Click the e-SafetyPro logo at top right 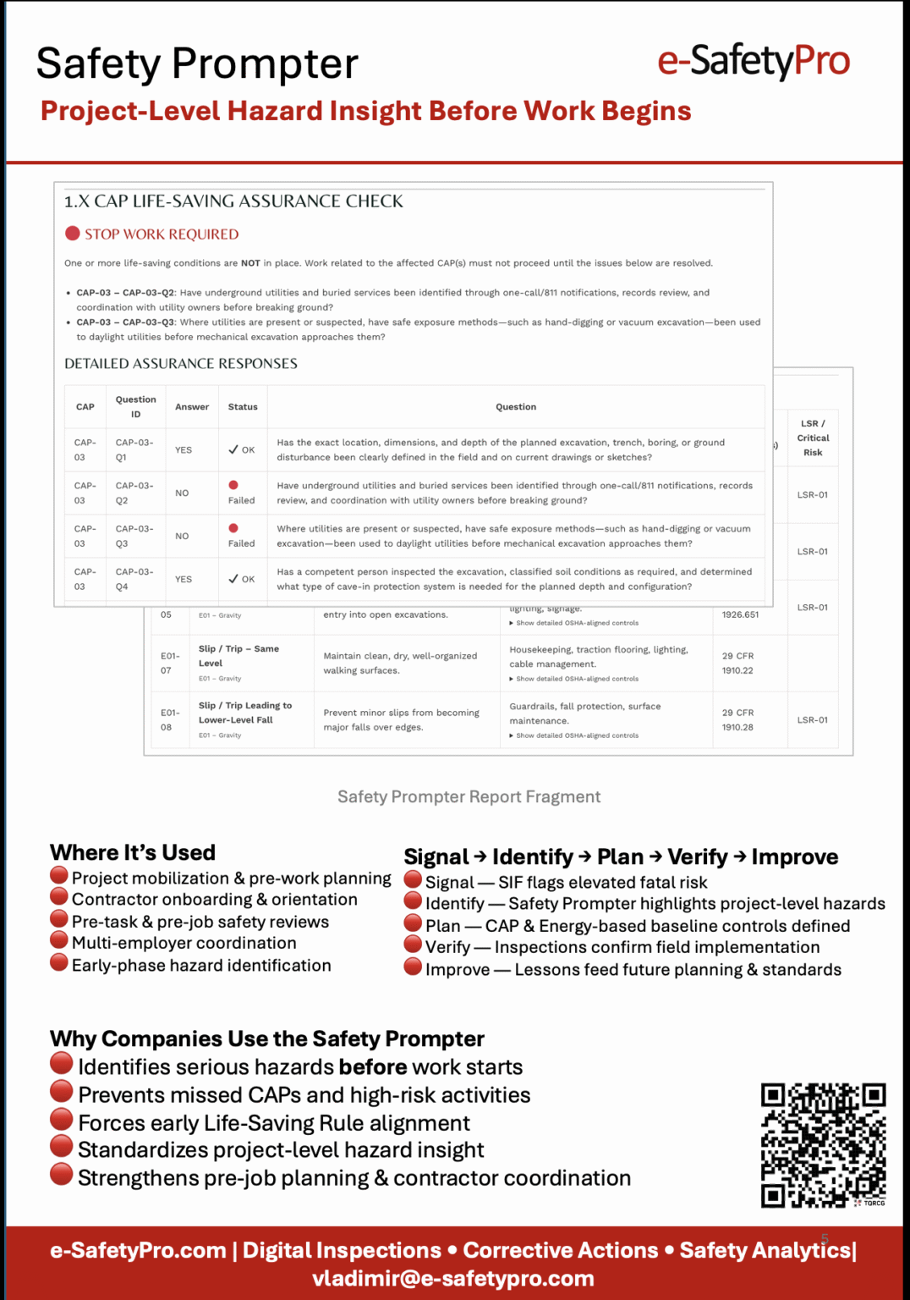point(754,61)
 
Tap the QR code point(823,1144)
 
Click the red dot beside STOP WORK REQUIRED point(73,234)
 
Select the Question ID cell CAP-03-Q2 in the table point(134,493)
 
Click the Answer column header point(192,407)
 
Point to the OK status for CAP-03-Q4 point(242,579)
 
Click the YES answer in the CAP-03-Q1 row point(184,450)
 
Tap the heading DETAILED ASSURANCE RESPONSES point(181,364)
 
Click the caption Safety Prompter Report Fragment point(469,796)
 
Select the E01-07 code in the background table point(170,663)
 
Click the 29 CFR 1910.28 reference point(737,719)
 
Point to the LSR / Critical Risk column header point(813,438)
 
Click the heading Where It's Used point(133,852)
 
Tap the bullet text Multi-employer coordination point(184,943)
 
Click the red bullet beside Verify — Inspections point(413,945)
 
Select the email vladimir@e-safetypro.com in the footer point(453,1278)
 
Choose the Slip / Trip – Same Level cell point(238,656)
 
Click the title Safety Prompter point(197,64)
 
